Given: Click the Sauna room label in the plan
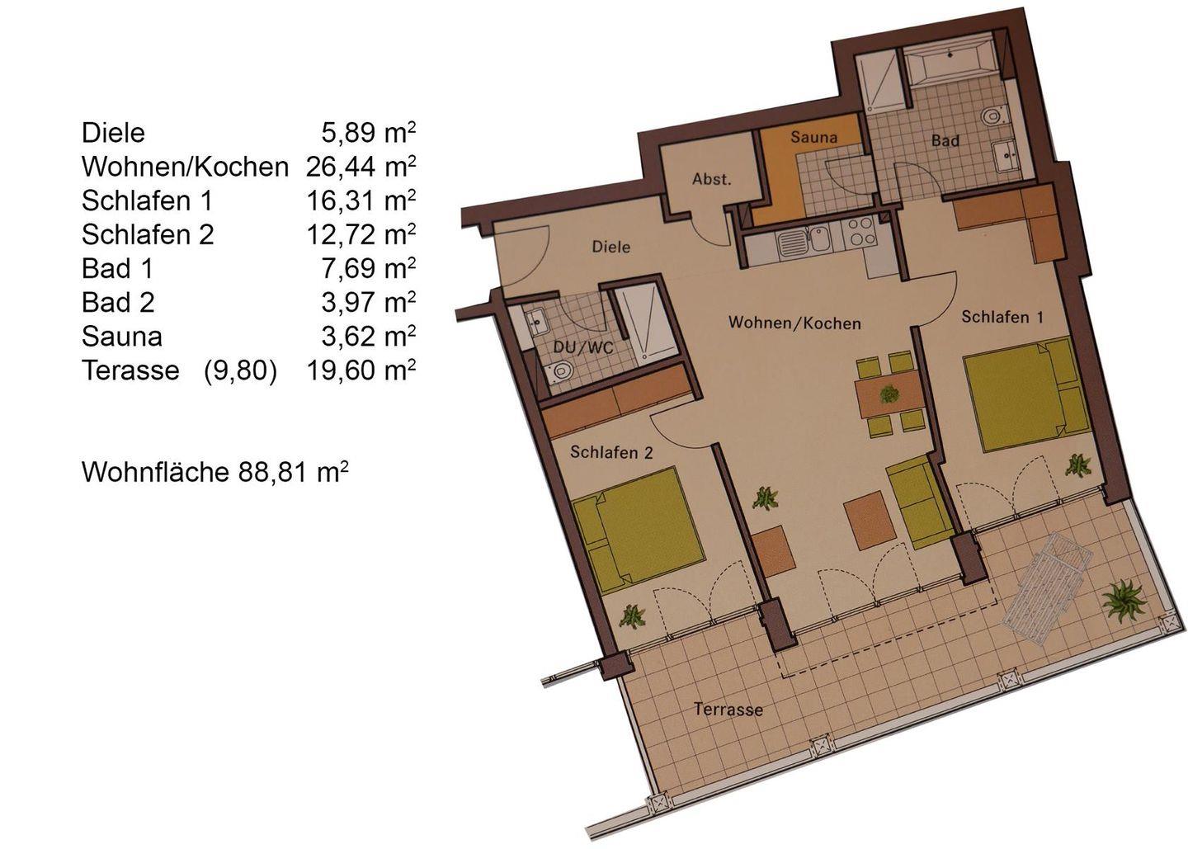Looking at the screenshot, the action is click(x=813, y=137).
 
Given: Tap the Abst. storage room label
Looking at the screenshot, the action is click(x=712, y=179).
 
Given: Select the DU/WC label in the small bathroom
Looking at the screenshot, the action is click(x=583, y=347).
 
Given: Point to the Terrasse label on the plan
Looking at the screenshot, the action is click(x=728, y=709).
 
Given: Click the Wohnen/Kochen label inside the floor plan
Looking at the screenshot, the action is click(x=794, y=323).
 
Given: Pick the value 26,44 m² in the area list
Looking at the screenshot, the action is click(x=361, y=166).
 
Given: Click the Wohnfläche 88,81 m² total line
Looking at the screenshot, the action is click(x=214, y=471).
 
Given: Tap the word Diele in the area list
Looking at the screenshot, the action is click(x=113, y=132).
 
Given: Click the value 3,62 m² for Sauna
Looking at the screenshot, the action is click(x=368, y=336).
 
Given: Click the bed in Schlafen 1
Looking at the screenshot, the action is click(x=1027, y=395).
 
